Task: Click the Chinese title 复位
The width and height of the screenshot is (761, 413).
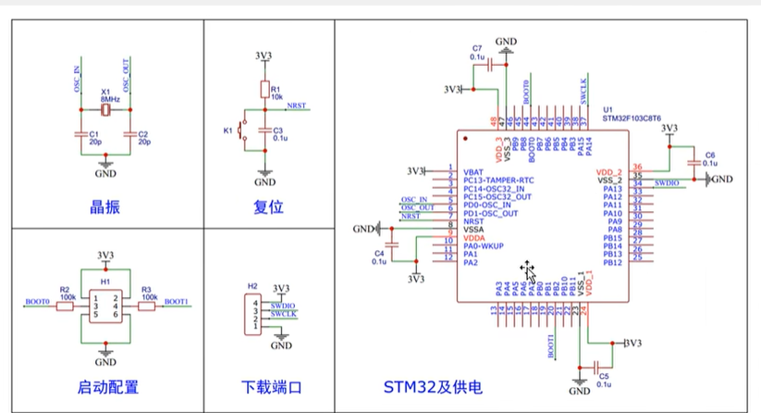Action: [266, 206]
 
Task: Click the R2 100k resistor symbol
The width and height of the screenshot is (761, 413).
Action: [65, 305]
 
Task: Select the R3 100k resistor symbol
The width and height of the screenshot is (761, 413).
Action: [146, 305]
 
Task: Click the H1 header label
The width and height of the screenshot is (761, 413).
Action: [105, 279]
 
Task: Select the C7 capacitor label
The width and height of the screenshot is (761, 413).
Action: [476, 47]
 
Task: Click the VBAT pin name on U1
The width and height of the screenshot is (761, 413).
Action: [473, 172]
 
